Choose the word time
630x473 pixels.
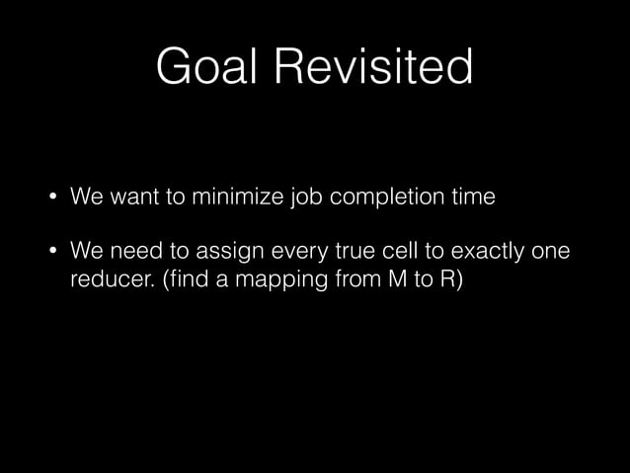[471, 197]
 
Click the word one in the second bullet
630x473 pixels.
[551, 251]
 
